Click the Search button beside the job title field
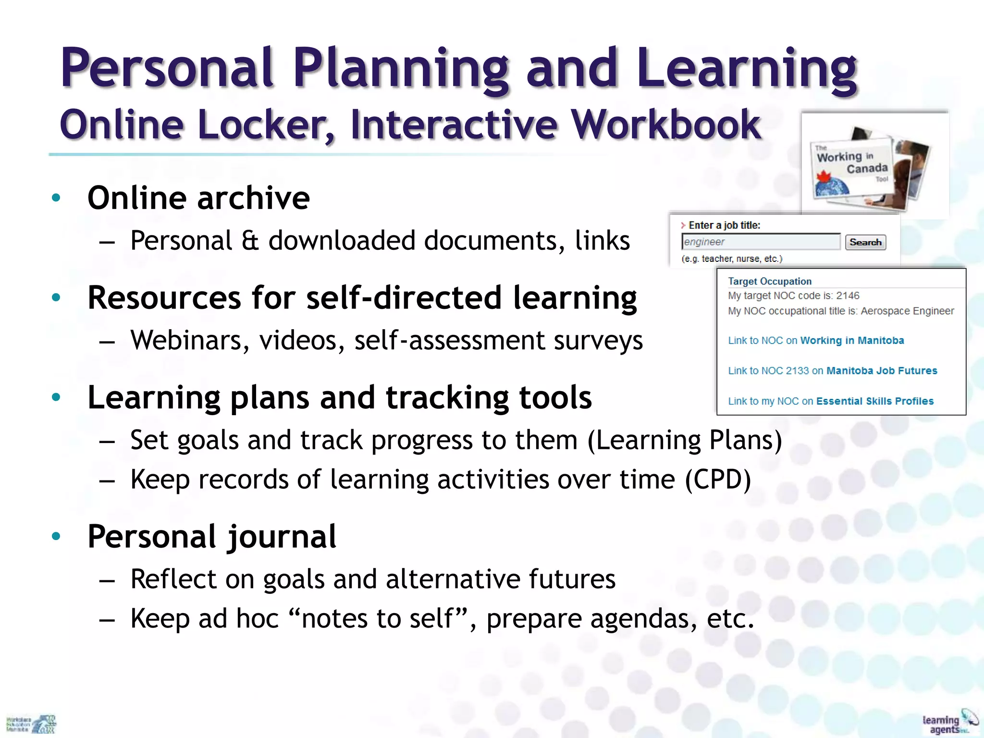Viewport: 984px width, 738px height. [x=865, y=242]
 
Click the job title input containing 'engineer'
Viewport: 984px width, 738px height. [x=761, y=242]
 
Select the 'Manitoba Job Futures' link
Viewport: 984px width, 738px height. [x=882, y=371]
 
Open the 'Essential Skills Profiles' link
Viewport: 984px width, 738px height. [x=874, y=401]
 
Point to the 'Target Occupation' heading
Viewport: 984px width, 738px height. [x=769, y=281]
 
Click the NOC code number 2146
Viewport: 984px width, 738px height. [x=848, y=295]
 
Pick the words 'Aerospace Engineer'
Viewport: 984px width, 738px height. [x=907, y=311]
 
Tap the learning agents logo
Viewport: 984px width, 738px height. [x=948, y=722]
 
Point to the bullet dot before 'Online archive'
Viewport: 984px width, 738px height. [x=56, y=197]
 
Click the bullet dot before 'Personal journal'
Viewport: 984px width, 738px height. [x=56, y=536]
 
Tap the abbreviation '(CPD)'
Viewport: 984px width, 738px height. [x=718, y=480]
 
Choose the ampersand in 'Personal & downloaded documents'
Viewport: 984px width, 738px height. [x=250, y=241]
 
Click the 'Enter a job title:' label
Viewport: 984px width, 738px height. [x=724, y=225]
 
